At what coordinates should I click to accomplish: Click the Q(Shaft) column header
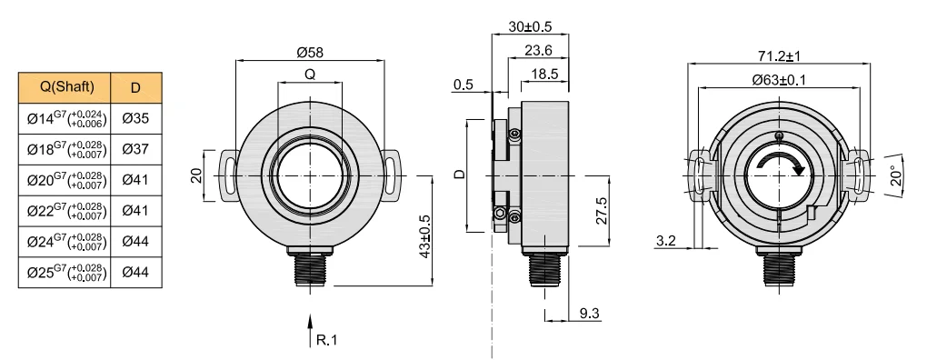[67, 87]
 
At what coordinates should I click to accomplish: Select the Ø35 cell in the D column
[136, 118]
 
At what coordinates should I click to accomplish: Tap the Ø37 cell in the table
[136, 149]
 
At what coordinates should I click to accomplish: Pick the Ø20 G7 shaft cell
[67, 180]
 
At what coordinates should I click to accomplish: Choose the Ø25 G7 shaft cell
[67, 273]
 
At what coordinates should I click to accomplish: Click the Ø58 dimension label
[310, 52]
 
